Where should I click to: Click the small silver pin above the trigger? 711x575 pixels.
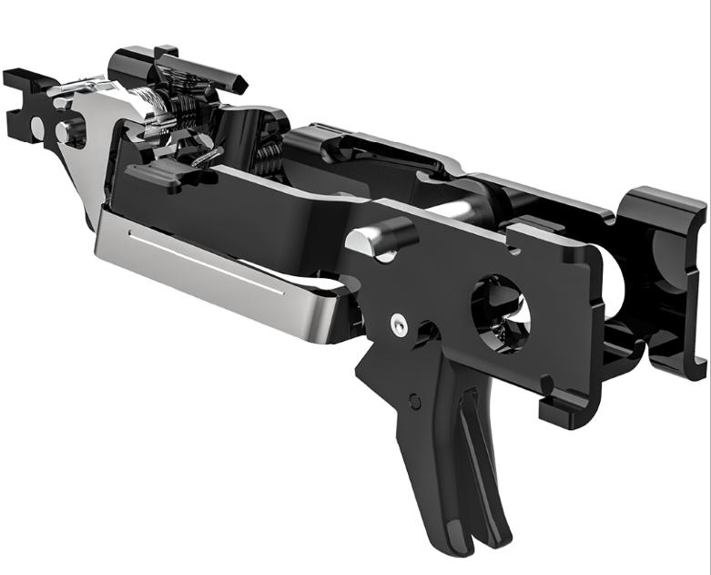[x=398, y=323]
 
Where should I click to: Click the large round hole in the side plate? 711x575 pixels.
[x=500, y=312]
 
